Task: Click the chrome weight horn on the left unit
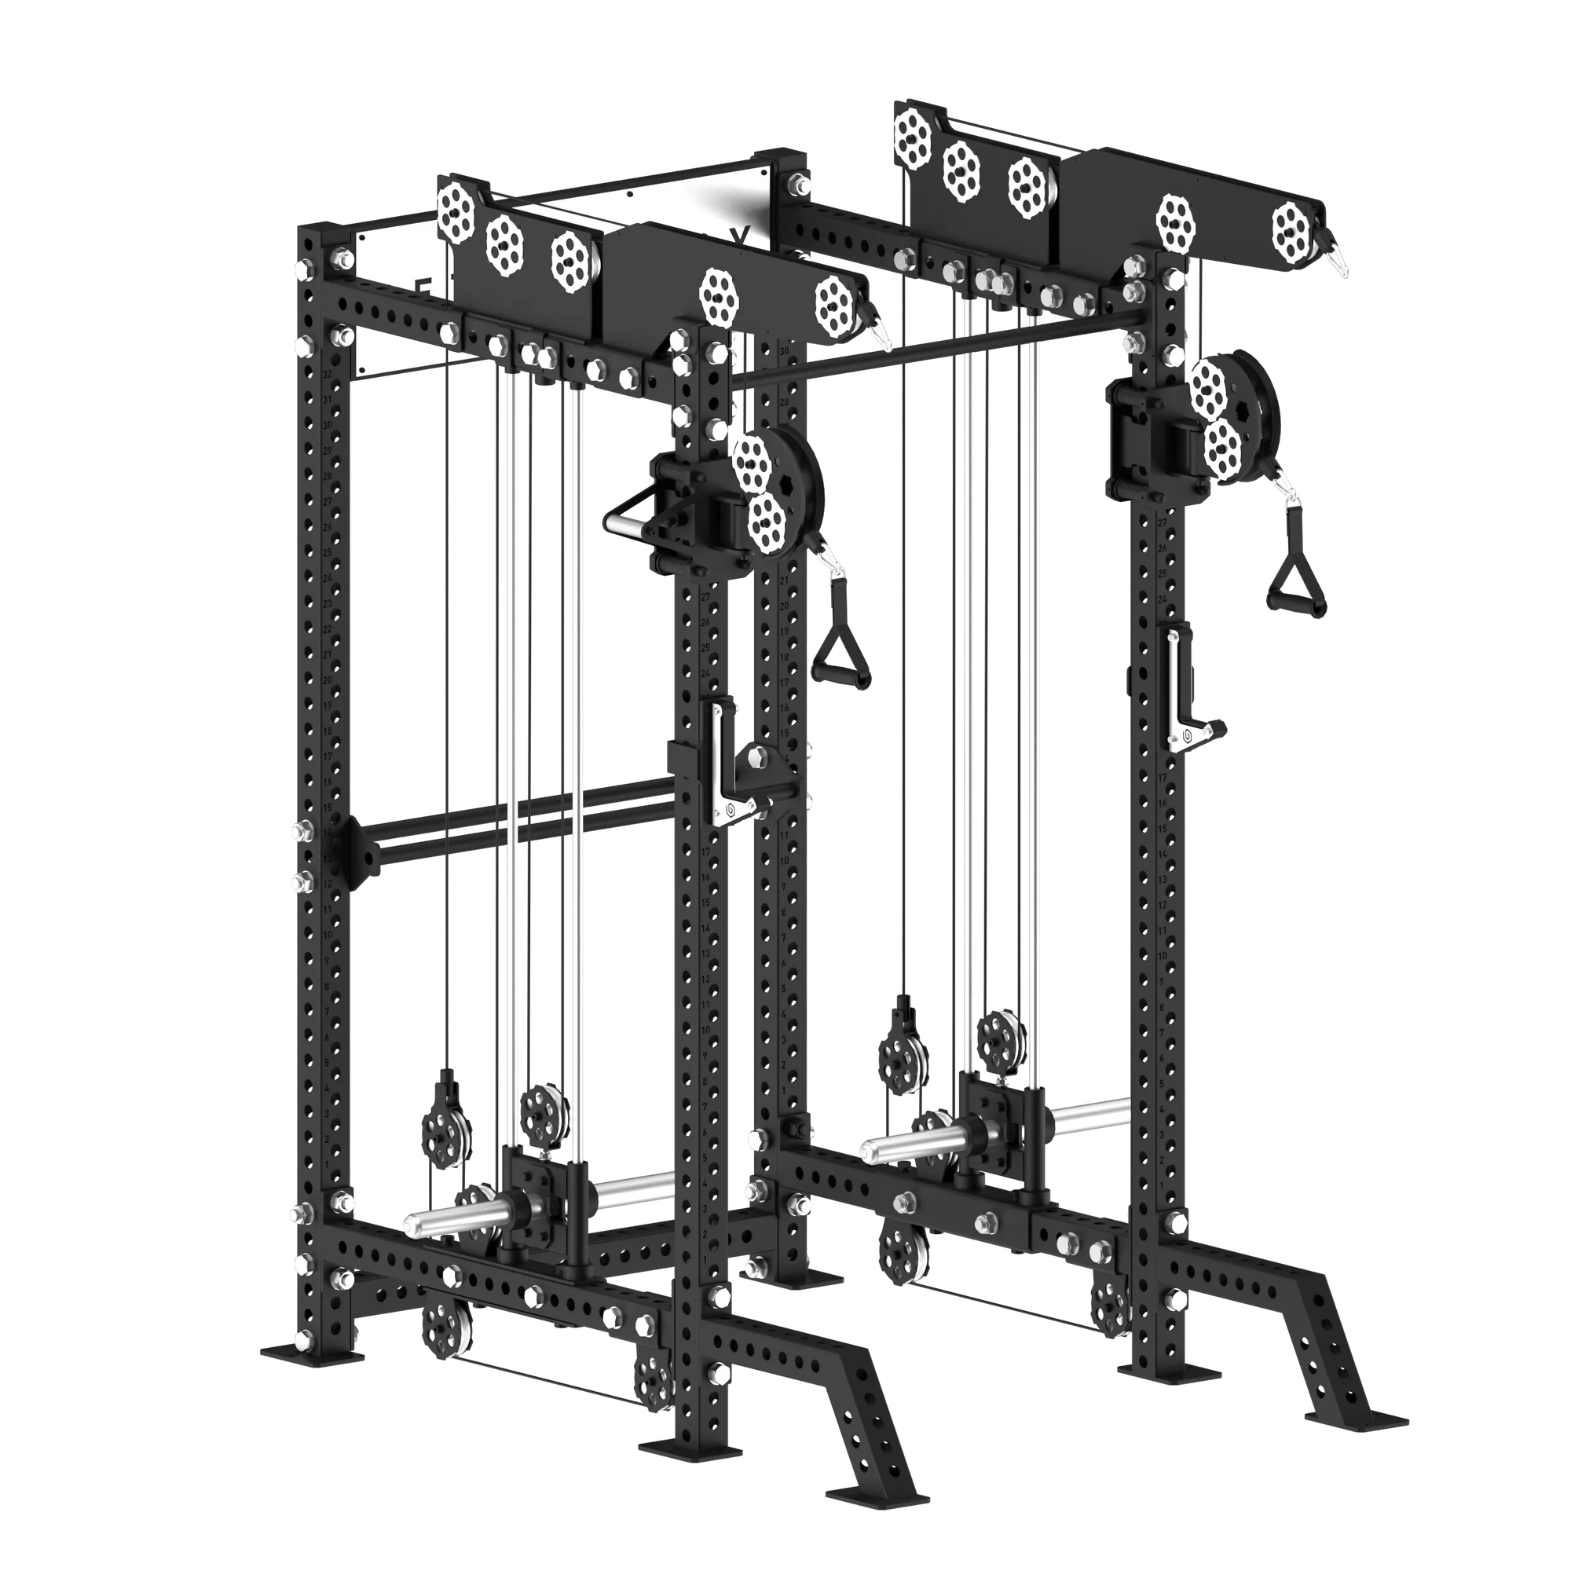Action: pyautogui.click(x=456, y=1222)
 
